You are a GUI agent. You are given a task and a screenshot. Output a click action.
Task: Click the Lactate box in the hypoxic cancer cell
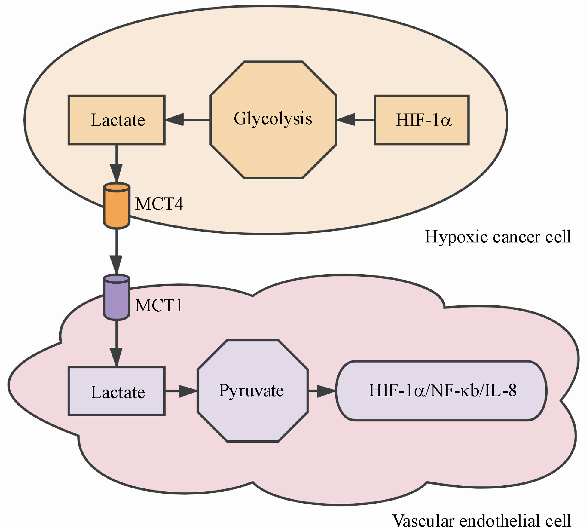(x=117, y=120)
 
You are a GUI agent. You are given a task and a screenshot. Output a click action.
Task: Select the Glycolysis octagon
(x=273, y=120)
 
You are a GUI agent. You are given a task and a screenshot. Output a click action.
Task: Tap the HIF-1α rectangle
(x=421, y=120)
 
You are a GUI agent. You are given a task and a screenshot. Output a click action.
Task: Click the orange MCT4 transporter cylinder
(x=117, y=206)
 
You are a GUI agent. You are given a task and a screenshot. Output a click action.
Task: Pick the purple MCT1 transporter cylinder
(x=117, y=297)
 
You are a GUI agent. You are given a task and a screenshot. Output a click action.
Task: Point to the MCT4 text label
(x=159, y=204)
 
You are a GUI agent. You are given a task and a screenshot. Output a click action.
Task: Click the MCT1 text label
(x=159, y=305)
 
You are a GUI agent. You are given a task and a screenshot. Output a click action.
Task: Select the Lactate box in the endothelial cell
(x=117, y=391)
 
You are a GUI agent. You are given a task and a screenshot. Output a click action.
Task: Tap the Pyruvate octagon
(x=253, y=391)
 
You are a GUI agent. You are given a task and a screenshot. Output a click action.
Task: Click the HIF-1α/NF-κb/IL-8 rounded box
(x=442, y=391)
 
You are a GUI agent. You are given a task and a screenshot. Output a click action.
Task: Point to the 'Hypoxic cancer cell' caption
(x=498, y=236)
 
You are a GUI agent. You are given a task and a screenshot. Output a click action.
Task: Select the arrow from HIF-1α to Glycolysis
(x=355, y=120)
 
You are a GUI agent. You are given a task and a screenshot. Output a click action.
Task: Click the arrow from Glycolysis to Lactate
(x=187, y=120)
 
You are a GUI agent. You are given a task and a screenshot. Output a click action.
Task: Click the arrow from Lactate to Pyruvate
(x=181, y=391)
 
